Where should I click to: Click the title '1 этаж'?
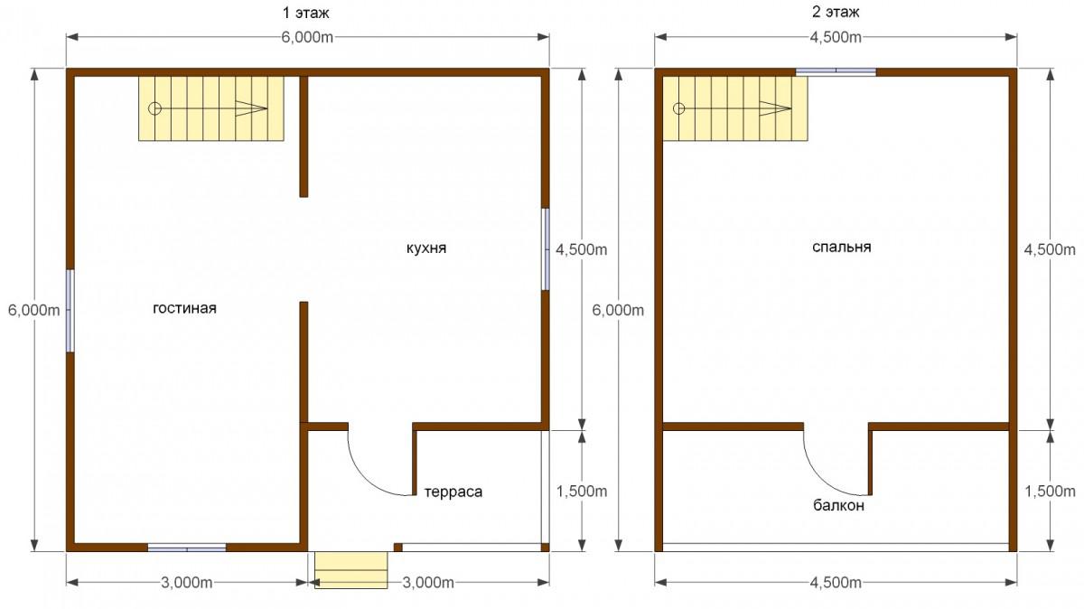(x=306, y=13)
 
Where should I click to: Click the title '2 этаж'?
(x=836, y=12)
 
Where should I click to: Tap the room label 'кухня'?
(x=425, y=248)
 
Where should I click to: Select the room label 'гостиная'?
(x=184, y=308)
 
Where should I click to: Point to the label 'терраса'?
(x=453, y=492)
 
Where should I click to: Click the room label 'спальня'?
(x=842, y=247)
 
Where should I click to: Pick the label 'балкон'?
(x=838, y=506)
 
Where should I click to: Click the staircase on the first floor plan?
(x=211, y=108)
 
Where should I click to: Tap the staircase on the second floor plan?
(x=735, y=108)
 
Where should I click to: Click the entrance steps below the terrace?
(x=351, y=570)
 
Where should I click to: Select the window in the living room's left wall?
(x=70, y=311)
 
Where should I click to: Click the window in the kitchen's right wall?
(x=546, y=249)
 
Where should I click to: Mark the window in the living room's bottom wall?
(x=187, y=548)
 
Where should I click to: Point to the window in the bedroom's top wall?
(x=836, y=72)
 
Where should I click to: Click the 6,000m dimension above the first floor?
(x=308, y=37)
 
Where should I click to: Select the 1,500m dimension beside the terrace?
(x=582, y=491)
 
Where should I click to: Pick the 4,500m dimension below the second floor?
(x=836, y=583)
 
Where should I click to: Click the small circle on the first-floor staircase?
(x=154, y=108)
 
